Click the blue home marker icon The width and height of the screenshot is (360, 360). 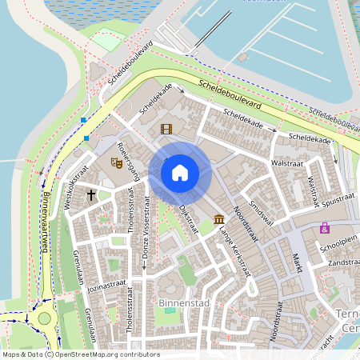180,172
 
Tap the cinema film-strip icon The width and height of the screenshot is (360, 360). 166,129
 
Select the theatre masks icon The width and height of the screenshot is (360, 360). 116,162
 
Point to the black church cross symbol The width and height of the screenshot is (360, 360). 91,194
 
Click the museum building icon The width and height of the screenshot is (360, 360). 219,219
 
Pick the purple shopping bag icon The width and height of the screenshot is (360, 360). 325,228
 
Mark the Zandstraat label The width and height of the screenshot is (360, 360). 342,262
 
